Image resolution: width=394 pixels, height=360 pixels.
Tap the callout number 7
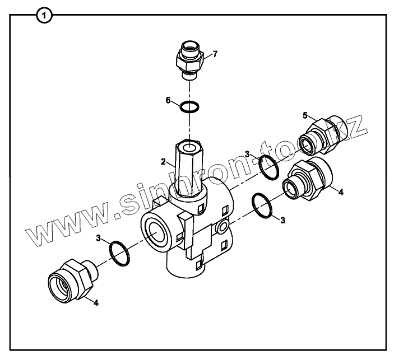tap(215, 54)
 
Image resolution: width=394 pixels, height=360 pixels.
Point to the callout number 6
tap(168, 100)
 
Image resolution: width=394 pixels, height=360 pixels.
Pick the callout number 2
tap(163, 162)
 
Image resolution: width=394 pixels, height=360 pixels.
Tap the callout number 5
tap(305, 115)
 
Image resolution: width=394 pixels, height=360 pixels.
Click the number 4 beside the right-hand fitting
tap(341, 191)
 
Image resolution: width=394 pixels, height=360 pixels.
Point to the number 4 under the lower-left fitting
tap(96, 302)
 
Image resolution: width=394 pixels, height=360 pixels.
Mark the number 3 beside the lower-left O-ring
tap(99, 239)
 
